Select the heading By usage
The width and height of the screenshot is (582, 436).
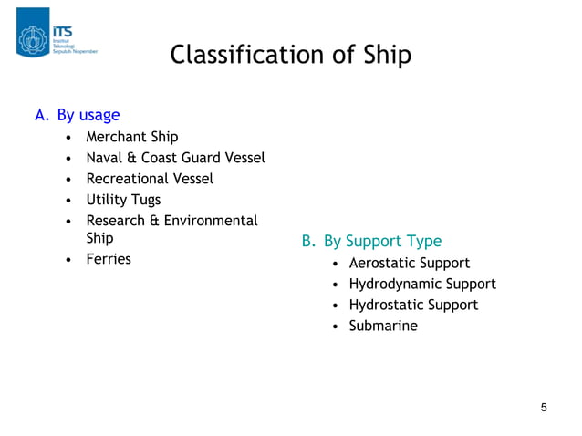tap(88, 115)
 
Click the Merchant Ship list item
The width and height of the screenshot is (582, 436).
tap(132, 138)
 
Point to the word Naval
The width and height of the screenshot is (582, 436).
tap(105, 158)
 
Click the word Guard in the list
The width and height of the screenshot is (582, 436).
tap(209, 158)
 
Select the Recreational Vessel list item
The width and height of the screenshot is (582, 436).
tap(150, 179)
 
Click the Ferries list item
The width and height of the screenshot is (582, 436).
tap(109, 259)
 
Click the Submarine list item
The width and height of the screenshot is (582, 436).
tap(383, 326)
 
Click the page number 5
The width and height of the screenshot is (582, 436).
tap(544, 407)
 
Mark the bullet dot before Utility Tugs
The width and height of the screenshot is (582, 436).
tap(70, 200)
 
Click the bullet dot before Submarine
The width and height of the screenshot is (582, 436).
tap(335, 327)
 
